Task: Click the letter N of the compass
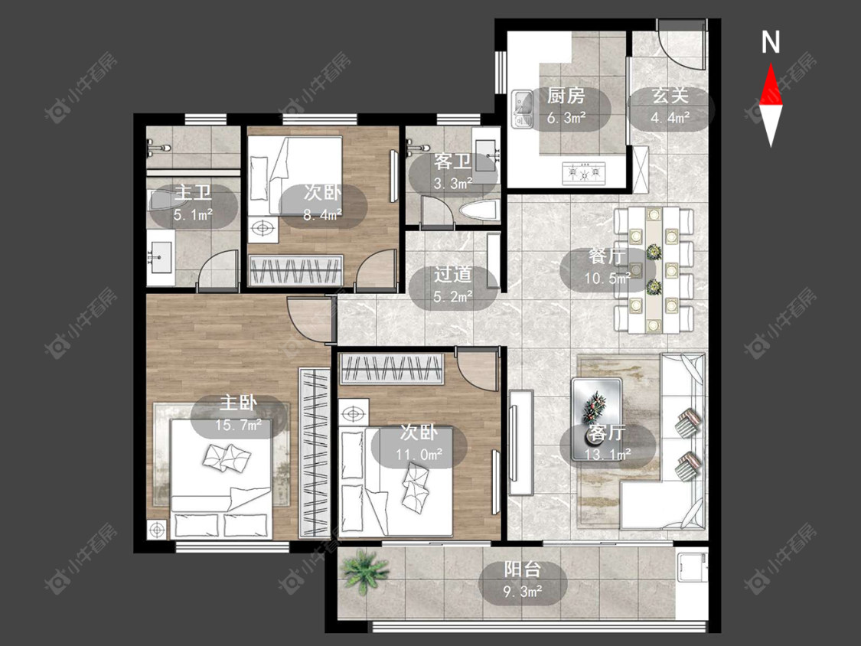pyautogui.click(x=771, y=42)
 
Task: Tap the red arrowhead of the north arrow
pyautogui.click(x=771, y=85)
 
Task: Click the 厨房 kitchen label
pyautogui.click(x=566, y=96)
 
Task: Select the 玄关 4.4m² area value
pyautogui.click(x=670, y=118)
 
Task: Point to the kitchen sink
pyautogui.click(x=522, y=109)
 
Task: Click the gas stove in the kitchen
pyautogui.click(x=584, y=174)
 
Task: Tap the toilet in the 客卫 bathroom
pyautogui.click(x=479, y=211)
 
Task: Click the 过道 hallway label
pyautogui.click(x=452, y=274)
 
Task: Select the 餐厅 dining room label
pyautogui.click(x=606, y=256)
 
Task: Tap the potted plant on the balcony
pyautogui.click(x=364, y=571)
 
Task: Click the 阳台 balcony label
pyautogui.click(x=522, y=569)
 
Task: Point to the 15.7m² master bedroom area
pyautogui.click(x=238, y=425)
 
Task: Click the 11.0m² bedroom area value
pyautogui.click(x=419, y=455)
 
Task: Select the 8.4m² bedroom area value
pyautogui.click(x=322, y=215)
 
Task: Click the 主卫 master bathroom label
pyautogui.click(x=193, y=193)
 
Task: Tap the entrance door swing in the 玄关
pyautogui.click(x=681, y=44)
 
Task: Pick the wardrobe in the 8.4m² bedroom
pyautogui.click(x=296, y=270)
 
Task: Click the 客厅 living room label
pyautogui.click(x=606, y=433)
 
